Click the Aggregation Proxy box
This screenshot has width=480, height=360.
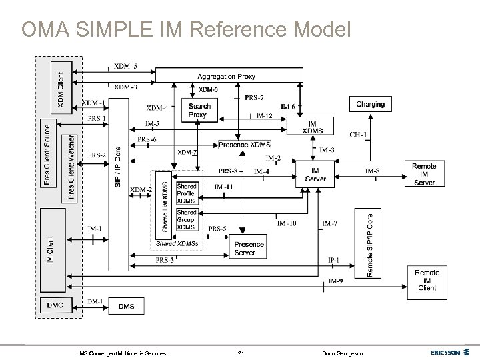pyautogui.click(x=225, y=77)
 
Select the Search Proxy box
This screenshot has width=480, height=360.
pyautogui.click(x=199, y=110)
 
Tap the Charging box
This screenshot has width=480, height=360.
pyautogui.click(x=370, y=104)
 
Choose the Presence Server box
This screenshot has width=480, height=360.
pyautogui.click(x=248, y=248)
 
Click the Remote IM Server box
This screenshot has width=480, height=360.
pyautogui.click(x=424, y=174)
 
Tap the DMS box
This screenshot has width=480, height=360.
pyautogui.click(x=126, y=306)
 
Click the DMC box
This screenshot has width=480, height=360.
pyautogui.click(x=55, y=305)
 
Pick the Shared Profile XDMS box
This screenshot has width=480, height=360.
pyautogui.click(x=187, y=192)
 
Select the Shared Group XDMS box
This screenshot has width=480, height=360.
pyautogui.click(x=186, y=221)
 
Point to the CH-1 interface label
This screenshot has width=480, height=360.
pyautogui.click(x=359, y=135)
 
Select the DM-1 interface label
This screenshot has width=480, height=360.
pyautogui.click(x=95, y=301)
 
